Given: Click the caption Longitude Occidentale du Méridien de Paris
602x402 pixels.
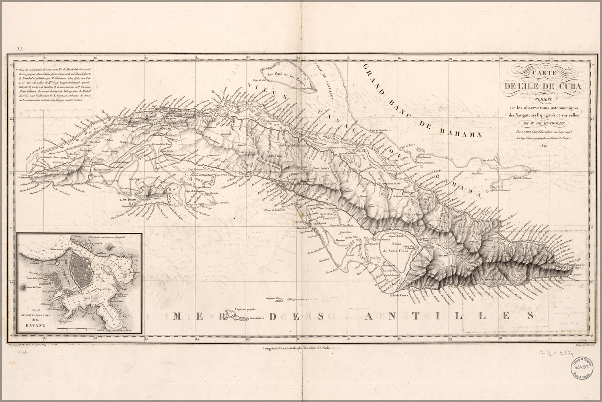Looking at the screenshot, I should tap(296, 350).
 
